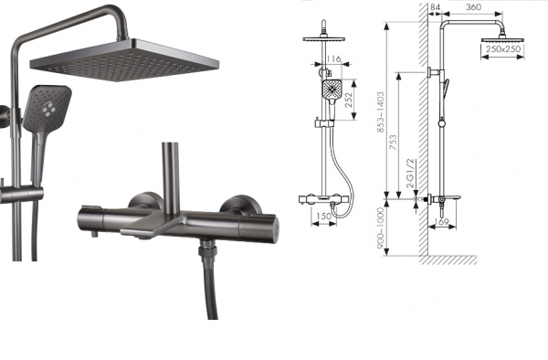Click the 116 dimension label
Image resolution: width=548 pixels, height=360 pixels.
click(333, 58)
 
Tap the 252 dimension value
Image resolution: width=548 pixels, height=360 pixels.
click(350, 100)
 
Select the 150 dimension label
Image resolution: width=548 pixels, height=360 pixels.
click(323, 217)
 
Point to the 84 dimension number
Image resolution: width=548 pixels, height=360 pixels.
click(436, 7)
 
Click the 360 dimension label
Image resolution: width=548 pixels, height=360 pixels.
click(473, 7)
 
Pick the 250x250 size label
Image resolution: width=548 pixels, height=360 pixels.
click(503, 49)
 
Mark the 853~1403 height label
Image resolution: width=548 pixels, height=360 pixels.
click(381, 111)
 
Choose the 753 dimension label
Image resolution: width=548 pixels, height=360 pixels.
click(393, 143)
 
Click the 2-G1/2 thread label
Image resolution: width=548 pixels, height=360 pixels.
click(410, 174)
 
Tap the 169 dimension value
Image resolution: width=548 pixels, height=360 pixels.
click(441, 222)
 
